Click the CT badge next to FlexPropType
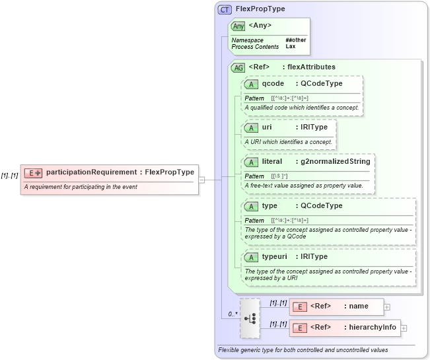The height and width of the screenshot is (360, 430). pos(225,10)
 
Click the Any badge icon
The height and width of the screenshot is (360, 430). pos(238,26)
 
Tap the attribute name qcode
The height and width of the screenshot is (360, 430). pos(273,84)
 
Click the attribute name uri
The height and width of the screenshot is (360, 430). pos(267,127)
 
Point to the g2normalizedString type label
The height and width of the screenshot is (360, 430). pos(336,161)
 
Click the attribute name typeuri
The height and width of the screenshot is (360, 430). pos(275,256)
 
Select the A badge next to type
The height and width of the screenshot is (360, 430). pos(251,205)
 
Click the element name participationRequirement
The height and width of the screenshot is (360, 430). pos(91,172)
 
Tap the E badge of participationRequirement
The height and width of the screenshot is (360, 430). pos(33,173)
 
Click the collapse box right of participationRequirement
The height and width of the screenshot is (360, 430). pos(201,179)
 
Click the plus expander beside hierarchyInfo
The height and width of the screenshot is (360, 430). pos(404,328)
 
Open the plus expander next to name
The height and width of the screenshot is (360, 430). pos(387,306)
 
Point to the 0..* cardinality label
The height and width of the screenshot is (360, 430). pos(233,314)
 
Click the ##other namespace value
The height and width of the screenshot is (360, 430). pos(295,40)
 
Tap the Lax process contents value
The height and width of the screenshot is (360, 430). pos(290,47)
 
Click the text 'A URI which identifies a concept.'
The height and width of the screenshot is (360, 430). pos(288,141)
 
